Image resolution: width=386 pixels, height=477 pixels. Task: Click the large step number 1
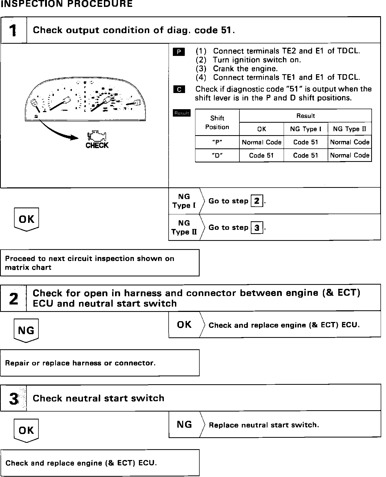[x=13, y=30]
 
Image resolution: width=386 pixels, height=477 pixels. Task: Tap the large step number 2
[x=13, y=299]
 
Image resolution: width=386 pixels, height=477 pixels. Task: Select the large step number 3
[x=14, y=399]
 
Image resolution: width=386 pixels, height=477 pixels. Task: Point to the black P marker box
[x=179, y=52]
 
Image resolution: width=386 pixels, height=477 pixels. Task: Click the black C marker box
[x=179, y=90]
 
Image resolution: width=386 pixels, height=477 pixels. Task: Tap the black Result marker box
[x=182, y=113]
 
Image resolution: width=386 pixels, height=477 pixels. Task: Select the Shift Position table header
[x=217, y=122]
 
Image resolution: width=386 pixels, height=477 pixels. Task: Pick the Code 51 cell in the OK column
[x=261, y=155]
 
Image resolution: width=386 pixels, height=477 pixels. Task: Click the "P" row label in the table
[x=217, y=142]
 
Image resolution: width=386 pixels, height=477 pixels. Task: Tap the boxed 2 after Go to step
[x=257, y=201]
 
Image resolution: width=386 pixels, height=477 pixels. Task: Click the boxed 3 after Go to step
[x=257, y=228]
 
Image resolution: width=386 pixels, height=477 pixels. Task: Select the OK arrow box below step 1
[x=27, y=219]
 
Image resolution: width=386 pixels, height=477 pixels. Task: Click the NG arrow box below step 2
[x=26, y=330]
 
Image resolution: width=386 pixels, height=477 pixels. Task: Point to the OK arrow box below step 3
[x=26, y=430]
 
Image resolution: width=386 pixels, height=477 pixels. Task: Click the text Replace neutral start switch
[x=264, y=425]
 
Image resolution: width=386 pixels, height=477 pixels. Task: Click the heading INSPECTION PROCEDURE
[x=67, y=4]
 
